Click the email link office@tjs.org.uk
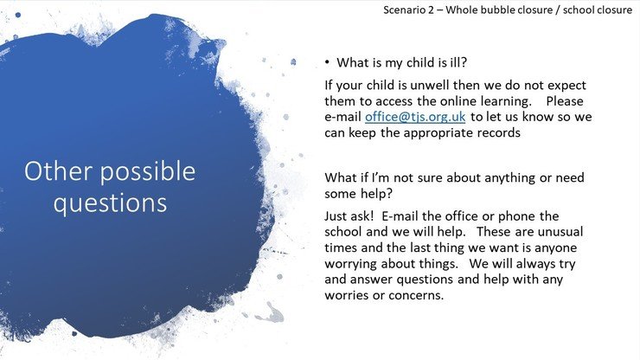point(415,117)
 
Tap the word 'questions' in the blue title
point(110,203)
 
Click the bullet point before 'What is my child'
point(327,62)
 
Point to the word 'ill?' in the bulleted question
point(458,62)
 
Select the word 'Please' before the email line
point(565,101)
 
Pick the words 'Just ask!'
point(349,216)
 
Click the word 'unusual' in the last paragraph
point(560,232)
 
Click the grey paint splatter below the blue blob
point(270,314)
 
